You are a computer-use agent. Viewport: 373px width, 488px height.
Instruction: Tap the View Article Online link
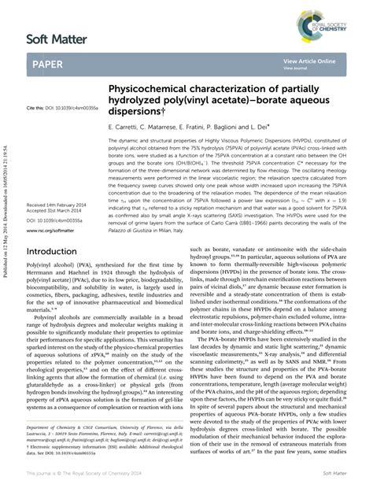309,61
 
